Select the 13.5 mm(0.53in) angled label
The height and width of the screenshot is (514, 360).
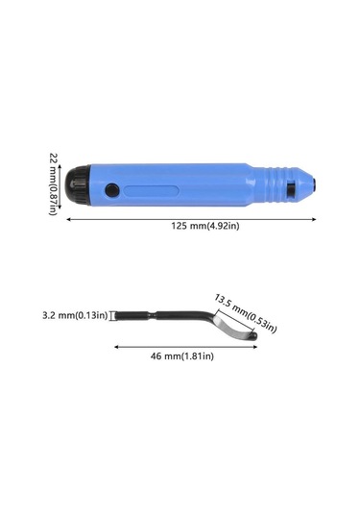(x=245, y=313)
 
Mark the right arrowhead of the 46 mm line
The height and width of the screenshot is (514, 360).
(x=256, y=347)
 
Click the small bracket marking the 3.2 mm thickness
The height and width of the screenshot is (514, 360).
(x=112, y=314)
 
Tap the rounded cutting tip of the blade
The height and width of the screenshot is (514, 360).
(x=250, y=336)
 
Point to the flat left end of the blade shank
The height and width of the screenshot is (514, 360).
(x=118, y=314)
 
